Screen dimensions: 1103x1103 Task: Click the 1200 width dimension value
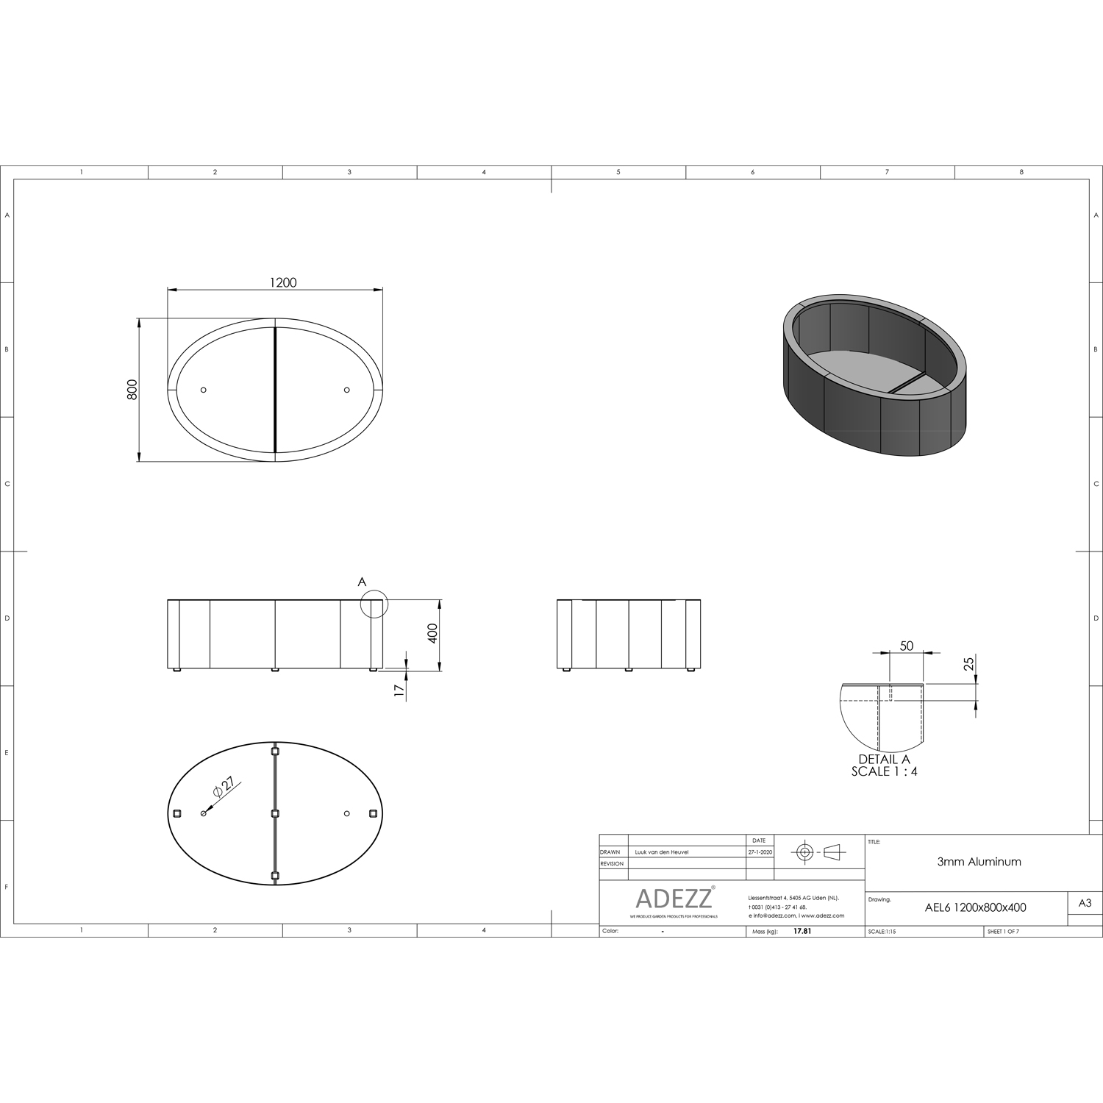pyautogui.click(x=283, y=282)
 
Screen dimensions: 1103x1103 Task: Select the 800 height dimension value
pyautogui.click(x=132, y=389)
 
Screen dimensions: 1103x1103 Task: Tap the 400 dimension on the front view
pyautogui.click(x=432, y=633)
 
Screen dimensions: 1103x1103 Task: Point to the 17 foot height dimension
pyautogui.click(x=399, y=690)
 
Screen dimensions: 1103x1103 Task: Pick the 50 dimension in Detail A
pyautogui.click(x=906, y=646)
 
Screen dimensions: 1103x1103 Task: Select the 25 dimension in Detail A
pyautogui.click(x=968, y=663)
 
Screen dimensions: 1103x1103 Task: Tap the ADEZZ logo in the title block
pyautogui.click(x=673, y=898)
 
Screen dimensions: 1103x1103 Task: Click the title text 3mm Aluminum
pyautogui.click(x=979, y=862)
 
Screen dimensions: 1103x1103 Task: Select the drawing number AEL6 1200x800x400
pyautogui.click(x=975, y=907)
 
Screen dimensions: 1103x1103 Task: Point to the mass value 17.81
pyautogui.click(x=802, y=931)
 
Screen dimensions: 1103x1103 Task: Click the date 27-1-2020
pyautogui.click(x=760, y=852)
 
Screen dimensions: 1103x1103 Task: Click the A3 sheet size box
pyautogui.click(x=1085, y=903)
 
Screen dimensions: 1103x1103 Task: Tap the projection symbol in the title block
pyautogui.click(x=818, y=852)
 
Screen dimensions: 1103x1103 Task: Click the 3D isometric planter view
pyautogui.click(x=874, y=374)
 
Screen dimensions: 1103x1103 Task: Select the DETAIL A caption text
pyautogui.click(x=884, y=760)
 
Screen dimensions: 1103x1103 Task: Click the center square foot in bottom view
pyautogui.click(x=275, y=813)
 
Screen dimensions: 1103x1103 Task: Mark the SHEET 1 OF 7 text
pyautogui.click(x=1003, y=931)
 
